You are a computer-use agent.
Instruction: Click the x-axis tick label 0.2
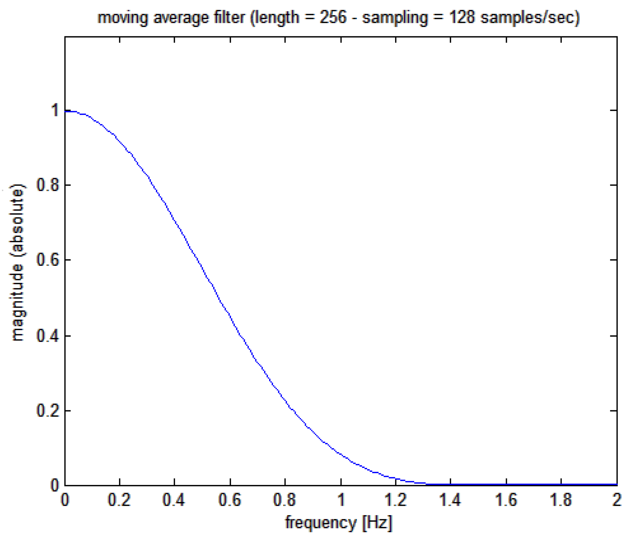coord(119,500)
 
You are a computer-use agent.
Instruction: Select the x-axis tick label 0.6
coord(229,500)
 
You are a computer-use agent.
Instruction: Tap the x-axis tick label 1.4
coord(450,500)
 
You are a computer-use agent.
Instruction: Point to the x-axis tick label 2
coord(616,500)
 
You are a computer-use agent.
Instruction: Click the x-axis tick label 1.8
coord(561,500)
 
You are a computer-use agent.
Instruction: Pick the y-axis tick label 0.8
coord(48,185)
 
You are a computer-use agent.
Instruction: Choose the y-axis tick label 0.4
coord(48,336)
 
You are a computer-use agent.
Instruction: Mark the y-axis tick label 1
coord(55,110)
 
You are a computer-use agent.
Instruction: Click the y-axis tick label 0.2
coord(48,411)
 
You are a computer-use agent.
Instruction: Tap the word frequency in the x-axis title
coord(321,523)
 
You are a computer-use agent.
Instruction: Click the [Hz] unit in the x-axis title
coord(377,523)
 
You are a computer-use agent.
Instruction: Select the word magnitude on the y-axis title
coord(17,302)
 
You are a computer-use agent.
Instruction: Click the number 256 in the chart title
coord(333,17)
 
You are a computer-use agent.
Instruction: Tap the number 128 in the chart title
coord(461,17)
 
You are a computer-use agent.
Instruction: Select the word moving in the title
coord(123,17)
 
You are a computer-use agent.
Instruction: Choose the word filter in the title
coord(229,17)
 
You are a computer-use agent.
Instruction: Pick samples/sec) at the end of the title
coord(530,17)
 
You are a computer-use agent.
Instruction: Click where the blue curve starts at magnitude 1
coord(66,111)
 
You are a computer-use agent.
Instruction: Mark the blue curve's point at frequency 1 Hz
coord(341,454)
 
